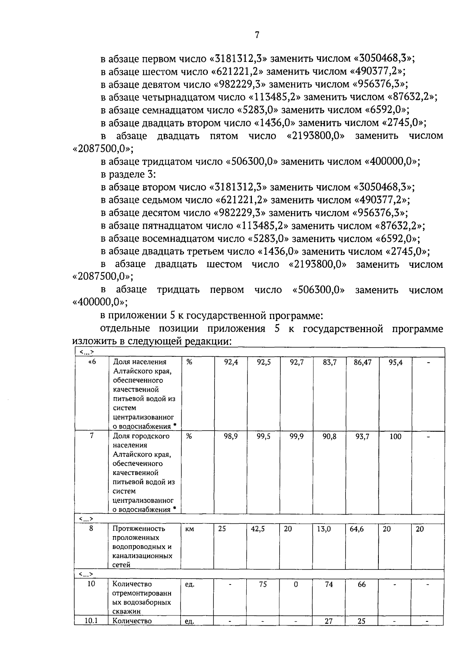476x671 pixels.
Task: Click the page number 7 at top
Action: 257,35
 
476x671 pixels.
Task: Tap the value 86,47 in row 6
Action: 362,362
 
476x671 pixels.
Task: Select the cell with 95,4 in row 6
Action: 395,362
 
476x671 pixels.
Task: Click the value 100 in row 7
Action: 395,436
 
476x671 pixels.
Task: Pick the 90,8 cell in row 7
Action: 329,436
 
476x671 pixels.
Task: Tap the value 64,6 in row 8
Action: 357,529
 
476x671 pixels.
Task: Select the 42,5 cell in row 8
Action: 258,529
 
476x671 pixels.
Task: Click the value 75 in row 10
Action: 263,584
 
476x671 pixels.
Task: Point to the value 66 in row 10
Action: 361,584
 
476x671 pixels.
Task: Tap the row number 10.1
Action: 91,621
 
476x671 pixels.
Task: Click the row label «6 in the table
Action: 92,362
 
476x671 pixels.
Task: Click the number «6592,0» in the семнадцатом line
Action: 385,110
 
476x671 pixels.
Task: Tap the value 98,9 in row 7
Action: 230,436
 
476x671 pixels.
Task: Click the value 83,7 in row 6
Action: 329,362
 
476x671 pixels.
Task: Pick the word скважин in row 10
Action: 126,611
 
